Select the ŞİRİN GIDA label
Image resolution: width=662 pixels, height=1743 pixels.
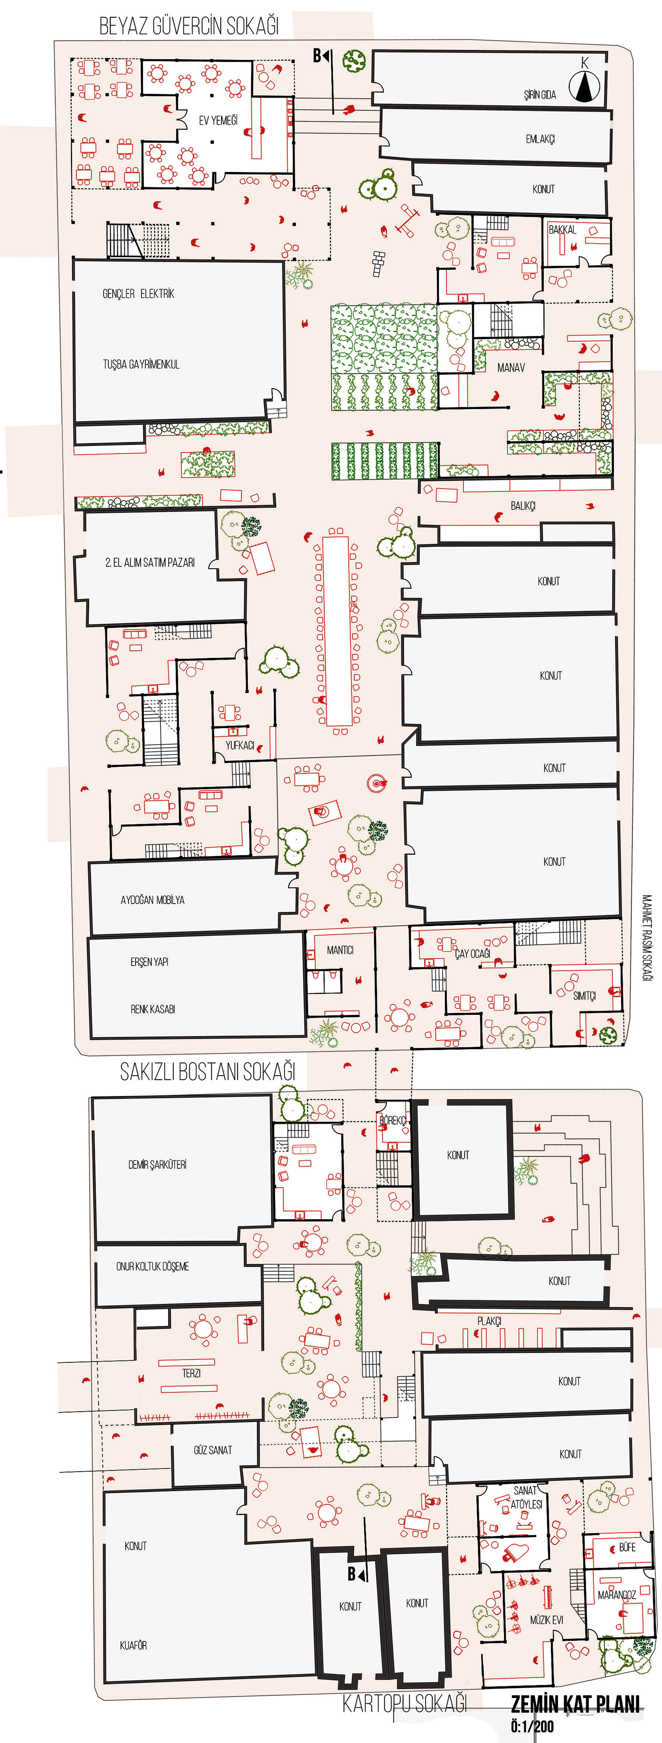click(540, 95)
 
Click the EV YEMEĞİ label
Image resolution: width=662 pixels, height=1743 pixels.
click(218, 120)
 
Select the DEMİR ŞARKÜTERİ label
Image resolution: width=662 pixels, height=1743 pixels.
click(157, 1164)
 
